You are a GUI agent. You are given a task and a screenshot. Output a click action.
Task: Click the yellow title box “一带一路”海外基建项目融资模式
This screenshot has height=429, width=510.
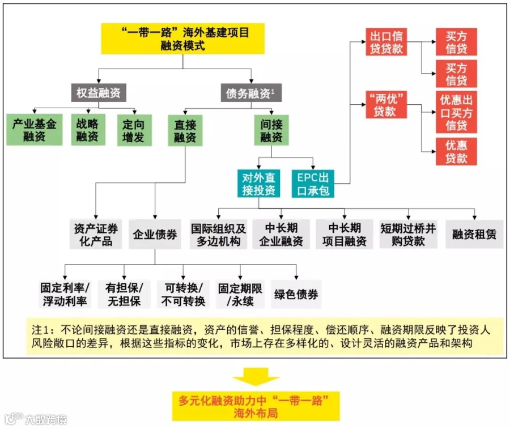point(183,39)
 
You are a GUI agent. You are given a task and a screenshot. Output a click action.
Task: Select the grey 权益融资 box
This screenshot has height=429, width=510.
point(99,93)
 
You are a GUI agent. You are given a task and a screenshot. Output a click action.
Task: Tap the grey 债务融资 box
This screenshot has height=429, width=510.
point(251,93)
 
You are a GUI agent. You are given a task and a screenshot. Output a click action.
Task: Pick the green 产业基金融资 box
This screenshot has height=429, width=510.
point(35,130)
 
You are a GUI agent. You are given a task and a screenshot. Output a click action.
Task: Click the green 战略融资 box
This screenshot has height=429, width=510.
point(88,130)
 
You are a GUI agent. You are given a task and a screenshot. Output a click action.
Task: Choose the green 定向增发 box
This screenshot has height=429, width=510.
point(134,130)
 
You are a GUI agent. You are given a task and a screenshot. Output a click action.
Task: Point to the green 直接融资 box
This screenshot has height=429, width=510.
point(185,130)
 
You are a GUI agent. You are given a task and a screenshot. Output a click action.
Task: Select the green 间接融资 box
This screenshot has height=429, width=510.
point(271,130)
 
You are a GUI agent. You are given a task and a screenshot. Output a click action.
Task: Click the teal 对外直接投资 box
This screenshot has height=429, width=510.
point(258,184)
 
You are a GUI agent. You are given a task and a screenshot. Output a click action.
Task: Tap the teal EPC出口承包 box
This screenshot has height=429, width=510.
point(313,184)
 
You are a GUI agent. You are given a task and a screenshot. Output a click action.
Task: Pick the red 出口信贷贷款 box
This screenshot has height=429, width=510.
point(386,42)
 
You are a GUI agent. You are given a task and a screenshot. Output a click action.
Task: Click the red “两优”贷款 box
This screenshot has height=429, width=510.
point(386,105)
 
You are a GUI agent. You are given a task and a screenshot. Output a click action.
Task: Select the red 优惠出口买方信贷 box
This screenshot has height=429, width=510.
point(456,112)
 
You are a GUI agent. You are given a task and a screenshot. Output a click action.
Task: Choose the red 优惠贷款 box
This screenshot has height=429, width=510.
point(456,151)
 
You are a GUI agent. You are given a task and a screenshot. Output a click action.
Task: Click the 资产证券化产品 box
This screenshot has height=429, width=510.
point(96,234)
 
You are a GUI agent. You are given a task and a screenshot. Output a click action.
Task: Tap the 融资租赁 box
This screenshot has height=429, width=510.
point(474,234)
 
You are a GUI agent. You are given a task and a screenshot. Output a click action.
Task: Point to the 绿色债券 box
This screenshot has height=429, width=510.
point(296,294)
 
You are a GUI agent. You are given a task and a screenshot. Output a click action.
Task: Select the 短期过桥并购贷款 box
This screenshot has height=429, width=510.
point(408,234)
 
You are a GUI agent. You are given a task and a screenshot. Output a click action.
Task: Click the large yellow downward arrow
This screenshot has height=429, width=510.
point(256,377)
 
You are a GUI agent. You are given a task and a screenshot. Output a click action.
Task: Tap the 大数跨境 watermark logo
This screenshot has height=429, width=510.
point(36,419)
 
